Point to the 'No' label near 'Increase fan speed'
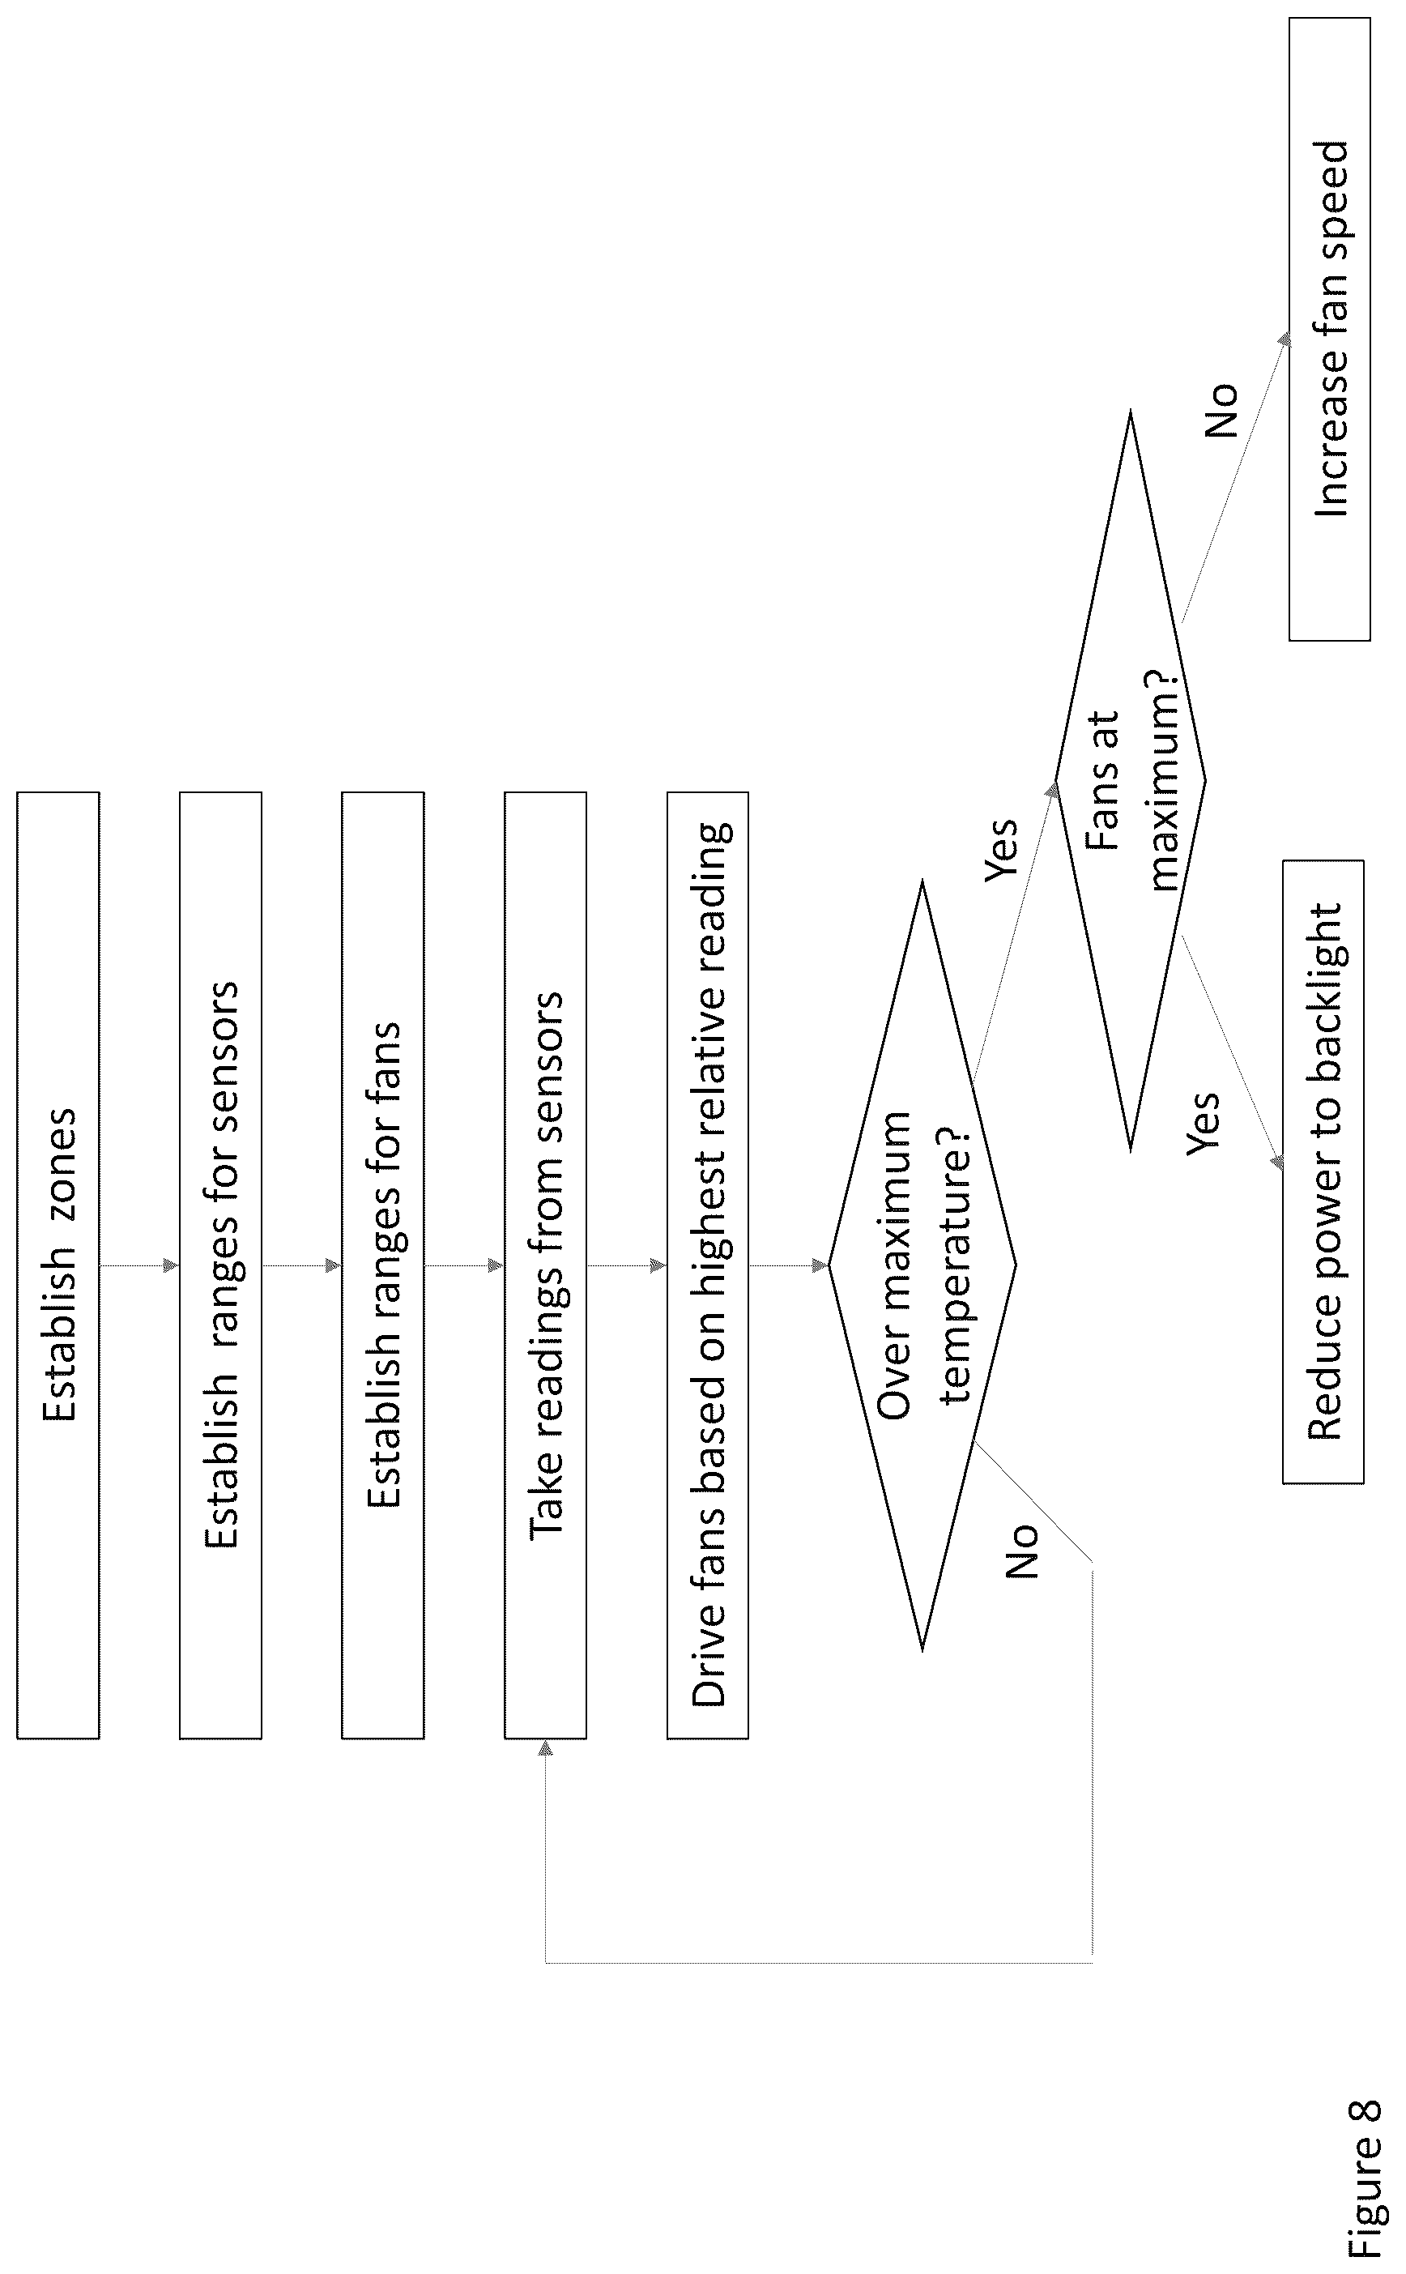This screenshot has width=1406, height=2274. [x=1221, y=409]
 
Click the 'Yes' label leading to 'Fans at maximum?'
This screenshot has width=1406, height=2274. [x=1002, y=849]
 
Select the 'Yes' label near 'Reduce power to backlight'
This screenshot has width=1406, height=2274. [x=1204, y=1124]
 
